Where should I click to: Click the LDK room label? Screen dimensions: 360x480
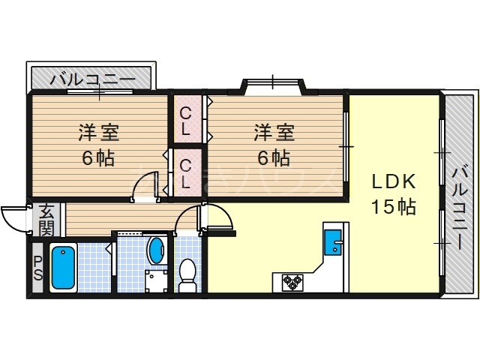(x=391, y=182)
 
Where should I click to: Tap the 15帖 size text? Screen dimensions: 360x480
(x=391, y=206)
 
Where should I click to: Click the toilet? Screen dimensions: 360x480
(x=187, y=273)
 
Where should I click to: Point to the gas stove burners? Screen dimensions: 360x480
(x=292, y=282)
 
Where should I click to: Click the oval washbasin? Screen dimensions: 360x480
(x=157, y=250)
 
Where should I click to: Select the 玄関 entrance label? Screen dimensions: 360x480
(x=46, y=217)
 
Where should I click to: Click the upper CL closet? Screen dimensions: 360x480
(x=187, y=119)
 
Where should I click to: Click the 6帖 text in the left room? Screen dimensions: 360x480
(x=100, y=158)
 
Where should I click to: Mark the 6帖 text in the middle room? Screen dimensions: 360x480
(x=273, y=158)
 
